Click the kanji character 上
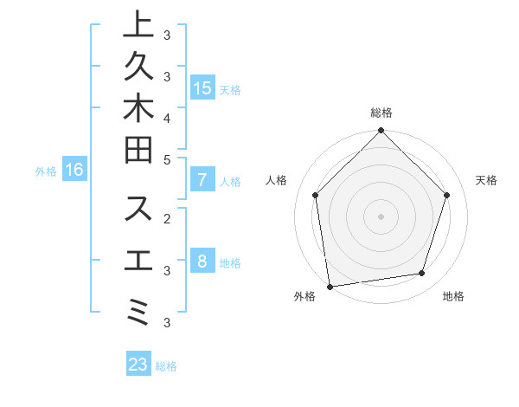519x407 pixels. tap(138, 25)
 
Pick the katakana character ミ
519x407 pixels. tap(138, 309)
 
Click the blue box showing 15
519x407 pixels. tap(202, 87)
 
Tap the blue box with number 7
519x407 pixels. tap(202, 180)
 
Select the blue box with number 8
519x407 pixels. tap(202, 262)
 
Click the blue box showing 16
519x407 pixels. tap(74, 170)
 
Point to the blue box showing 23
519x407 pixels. tap(138, 365)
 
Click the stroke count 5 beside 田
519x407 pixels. tap(167, 159)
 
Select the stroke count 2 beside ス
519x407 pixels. tap(167, 218)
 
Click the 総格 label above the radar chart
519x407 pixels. tap(381, 113)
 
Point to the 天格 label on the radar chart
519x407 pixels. tap(487, 180)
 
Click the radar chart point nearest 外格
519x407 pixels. tap(330, 286)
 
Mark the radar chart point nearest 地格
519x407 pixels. tap(422, 274)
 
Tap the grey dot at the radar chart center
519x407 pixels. tap(381, 216)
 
